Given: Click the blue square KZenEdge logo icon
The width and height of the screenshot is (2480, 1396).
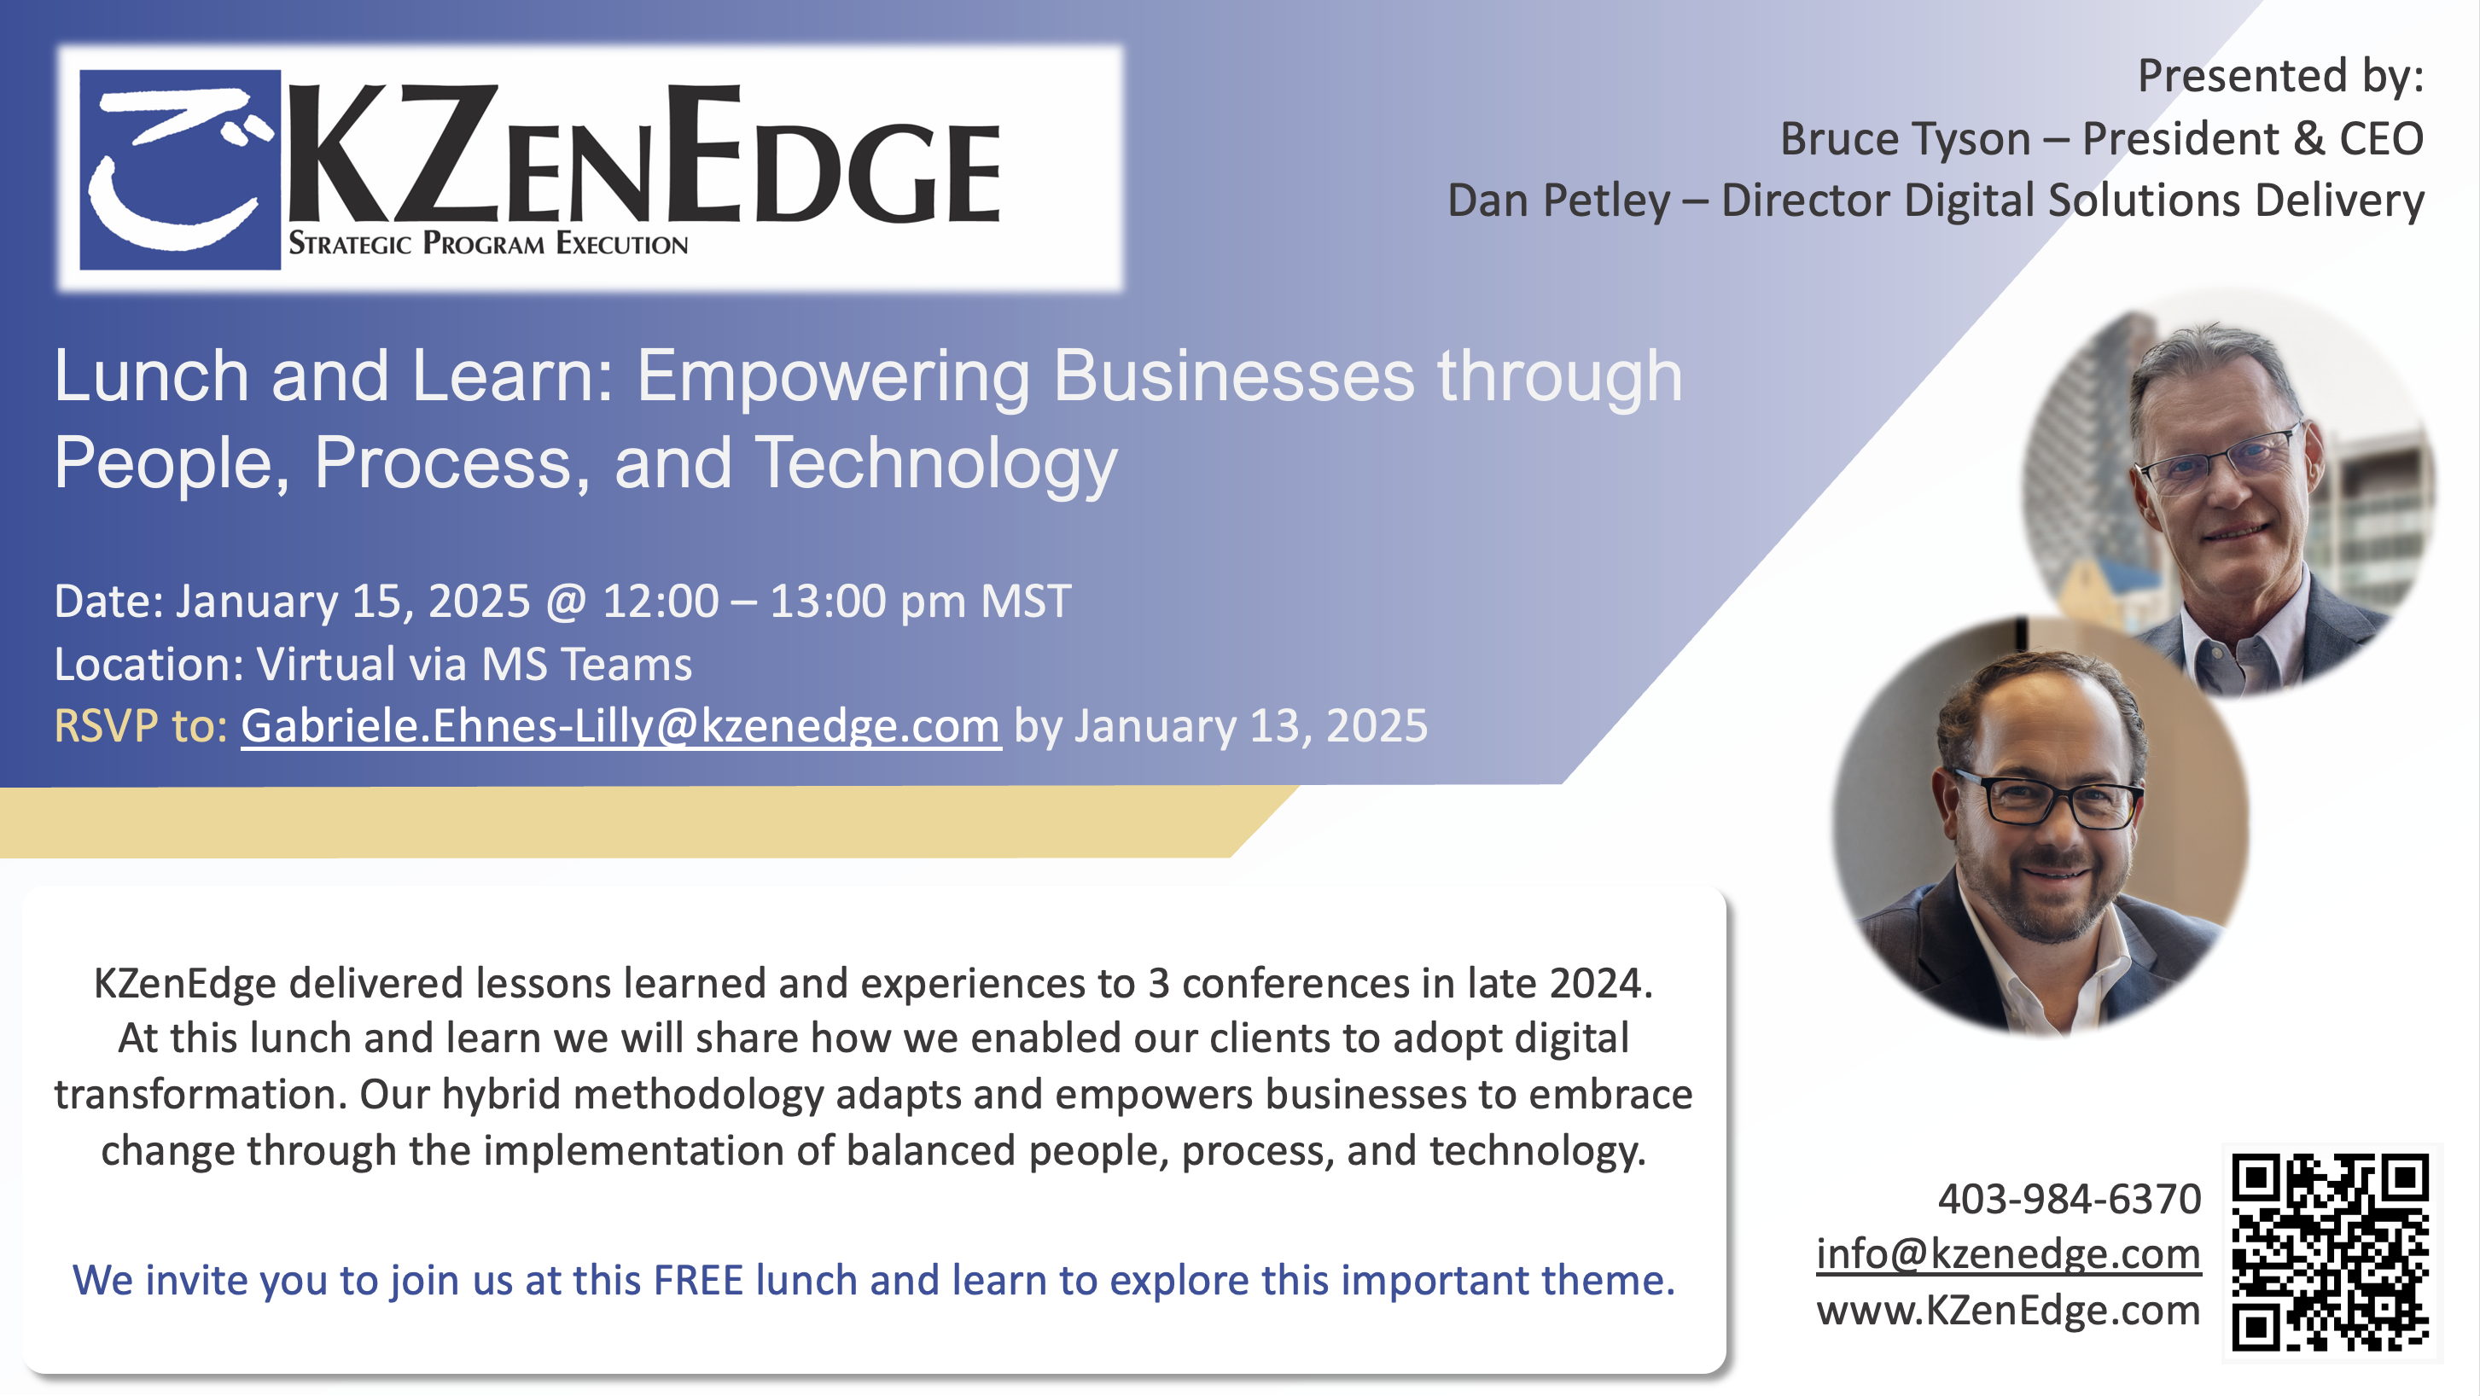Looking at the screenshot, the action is tap(179, 170).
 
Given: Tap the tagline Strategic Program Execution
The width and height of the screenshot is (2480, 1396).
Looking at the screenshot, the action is tap(488, 243).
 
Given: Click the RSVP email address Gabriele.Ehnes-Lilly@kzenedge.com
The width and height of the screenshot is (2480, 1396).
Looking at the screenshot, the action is tap(621, 725).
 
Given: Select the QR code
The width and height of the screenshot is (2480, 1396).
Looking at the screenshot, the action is tap(2331, 1253).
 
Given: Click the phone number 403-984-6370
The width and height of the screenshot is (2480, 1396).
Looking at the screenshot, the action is tap(2069, 1199).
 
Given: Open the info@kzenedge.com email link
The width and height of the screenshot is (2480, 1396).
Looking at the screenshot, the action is tap(2008, 1253).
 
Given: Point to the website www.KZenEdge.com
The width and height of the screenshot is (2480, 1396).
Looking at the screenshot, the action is tap(2008, 1309).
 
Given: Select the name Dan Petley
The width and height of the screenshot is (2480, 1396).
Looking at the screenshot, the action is tap(1558, 201).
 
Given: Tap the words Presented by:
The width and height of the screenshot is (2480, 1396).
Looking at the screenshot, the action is tap(2280, 76).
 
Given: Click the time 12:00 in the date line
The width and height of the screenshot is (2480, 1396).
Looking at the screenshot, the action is tap(661, 601).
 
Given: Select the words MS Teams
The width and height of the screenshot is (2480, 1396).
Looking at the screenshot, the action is tap(586, 665).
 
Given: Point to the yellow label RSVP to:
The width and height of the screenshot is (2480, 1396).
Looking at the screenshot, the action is tap(141, 726).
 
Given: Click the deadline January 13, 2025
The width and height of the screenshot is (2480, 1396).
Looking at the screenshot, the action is tap(1250, 726).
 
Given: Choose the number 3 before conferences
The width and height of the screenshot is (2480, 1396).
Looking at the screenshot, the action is tap(1159, 983).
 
